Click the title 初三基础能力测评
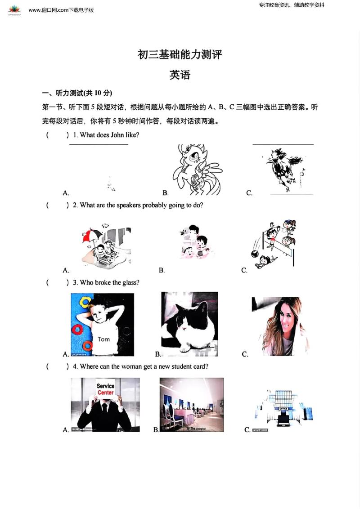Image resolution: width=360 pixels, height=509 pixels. pyautogui.click(x=180, y=55)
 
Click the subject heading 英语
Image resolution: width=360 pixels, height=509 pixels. pyautogui.click(x=180, y=75)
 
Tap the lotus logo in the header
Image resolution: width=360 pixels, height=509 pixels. pyautogui.click(x=14, y=9)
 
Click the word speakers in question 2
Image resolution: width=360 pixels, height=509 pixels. pyautogui.click(x=129, y=205)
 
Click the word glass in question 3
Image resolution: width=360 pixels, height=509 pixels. pyautogui.click(x=131, y=282)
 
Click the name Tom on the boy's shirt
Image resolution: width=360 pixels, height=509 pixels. pyautogui.click(x=103, y=339)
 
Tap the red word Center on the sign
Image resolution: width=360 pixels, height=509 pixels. pyautogui.click(x=106, y=393)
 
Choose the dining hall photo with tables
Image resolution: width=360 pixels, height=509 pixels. pyautogui.click(x=192, y=405)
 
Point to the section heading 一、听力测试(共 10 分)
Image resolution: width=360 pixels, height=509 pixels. pyautogui.click(x=77, y=93)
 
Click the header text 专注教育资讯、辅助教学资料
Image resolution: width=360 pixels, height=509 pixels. pyautogui.click(x=292, y=5)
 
